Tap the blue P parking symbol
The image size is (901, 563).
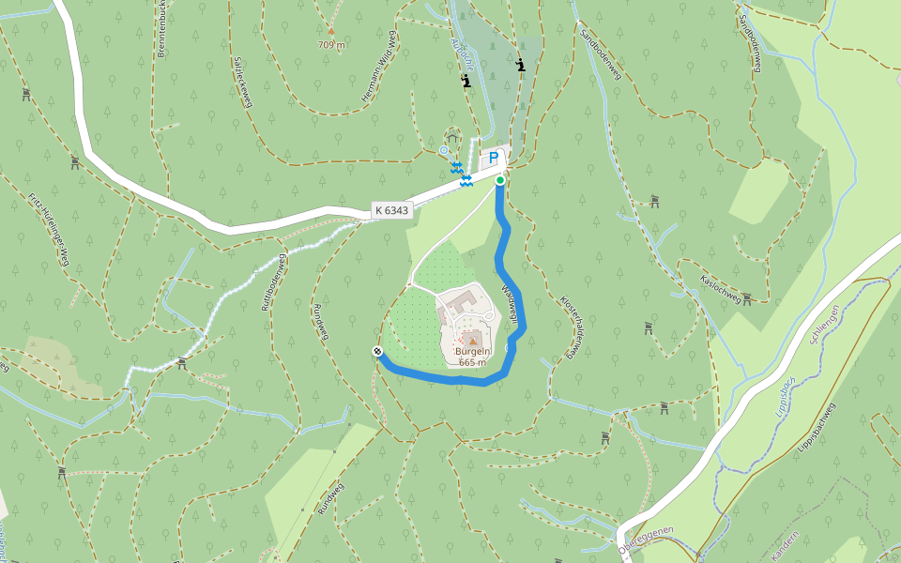tap(493, 158)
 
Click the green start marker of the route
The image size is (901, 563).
tap(500, 179)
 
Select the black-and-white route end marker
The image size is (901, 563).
tap(377, 352)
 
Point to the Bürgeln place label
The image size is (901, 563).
tap(472, 353)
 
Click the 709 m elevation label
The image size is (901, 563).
tap(331, 44)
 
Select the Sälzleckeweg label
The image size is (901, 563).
tap(242, 82)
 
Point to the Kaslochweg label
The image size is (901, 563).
tap(721, 287)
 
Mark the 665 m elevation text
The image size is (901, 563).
tap(472, 363)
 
